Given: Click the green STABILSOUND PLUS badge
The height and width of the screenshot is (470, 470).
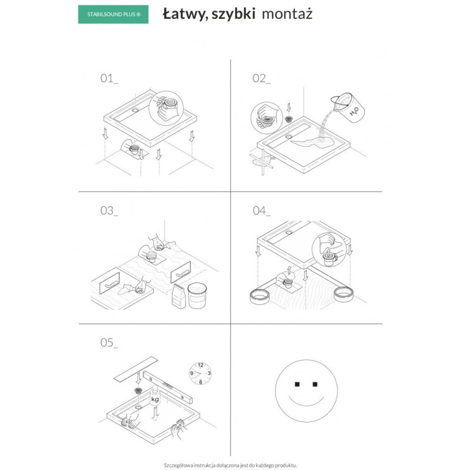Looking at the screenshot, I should click(113, 15).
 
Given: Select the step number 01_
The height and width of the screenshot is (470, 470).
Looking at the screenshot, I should click(109, 79).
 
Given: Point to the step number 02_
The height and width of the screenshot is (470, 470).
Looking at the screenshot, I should click(261, 79).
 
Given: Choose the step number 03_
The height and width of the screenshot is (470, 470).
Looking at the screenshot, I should click(109, 211).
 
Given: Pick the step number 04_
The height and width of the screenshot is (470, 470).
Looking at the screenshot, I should click(261, 211).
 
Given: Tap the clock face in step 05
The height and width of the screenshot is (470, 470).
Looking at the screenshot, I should click(202, 374).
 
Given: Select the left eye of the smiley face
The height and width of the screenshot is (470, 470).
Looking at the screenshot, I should click(297, 384).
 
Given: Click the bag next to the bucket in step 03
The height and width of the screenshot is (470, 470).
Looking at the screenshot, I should click(177, 296).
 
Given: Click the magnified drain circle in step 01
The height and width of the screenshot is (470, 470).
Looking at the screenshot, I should click(170, 105).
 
